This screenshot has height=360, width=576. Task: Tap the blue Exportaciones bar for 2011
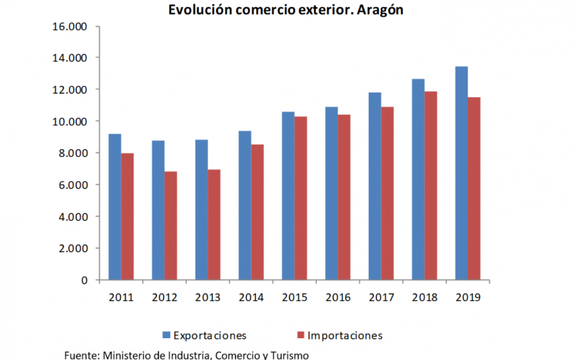tap(115, 207)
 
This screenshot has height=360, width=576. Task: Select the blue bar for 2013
tap(202, 209)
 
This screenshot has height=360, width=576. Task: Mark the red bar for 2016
tap(344, 197)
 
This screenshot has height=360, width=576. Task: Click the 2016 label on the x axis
tap(338, 297)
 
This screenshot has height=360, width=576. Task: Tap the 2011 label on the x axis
tap(121, 297)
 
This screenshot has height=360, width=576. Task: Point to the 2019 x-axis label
tap(468, 297)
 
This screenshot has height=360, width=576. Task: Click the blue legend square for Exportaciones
tap(167, 335)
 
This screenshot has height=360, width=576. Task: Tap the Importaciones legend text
tap(345, 336)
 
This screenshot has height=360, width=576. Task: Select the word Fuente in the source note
tap(81, 355)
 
